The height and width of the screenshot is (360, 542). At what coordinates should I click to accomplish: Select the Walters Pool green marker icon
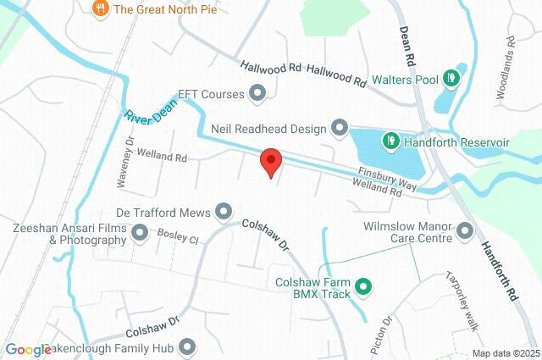coord(452,80)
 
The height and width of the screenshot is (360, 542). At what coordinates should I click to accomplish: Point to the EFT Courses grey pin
coord(258,92)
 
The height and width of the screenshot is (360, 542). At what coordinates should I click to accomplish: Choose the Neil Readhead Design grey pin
coord(340,128)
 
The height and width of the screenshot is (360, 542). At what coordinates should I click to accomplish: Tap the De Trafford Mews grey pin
coord(224,209)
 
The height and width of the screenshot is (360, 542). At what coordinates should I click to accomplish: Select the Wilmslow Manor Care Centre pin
coord(464,230)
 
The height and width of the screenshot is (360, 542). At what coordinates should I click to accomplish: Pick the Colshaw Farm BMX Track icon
coord(362,287)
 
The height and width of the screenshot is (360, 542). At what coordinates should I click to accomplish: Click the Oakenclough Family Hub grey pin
coord(186,347)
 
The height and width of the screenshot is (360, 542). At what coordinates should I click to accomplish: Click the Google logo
coord(28,350)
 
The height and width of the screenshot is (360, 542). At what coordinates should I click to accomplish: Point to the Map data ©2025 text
coord(505,353)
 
